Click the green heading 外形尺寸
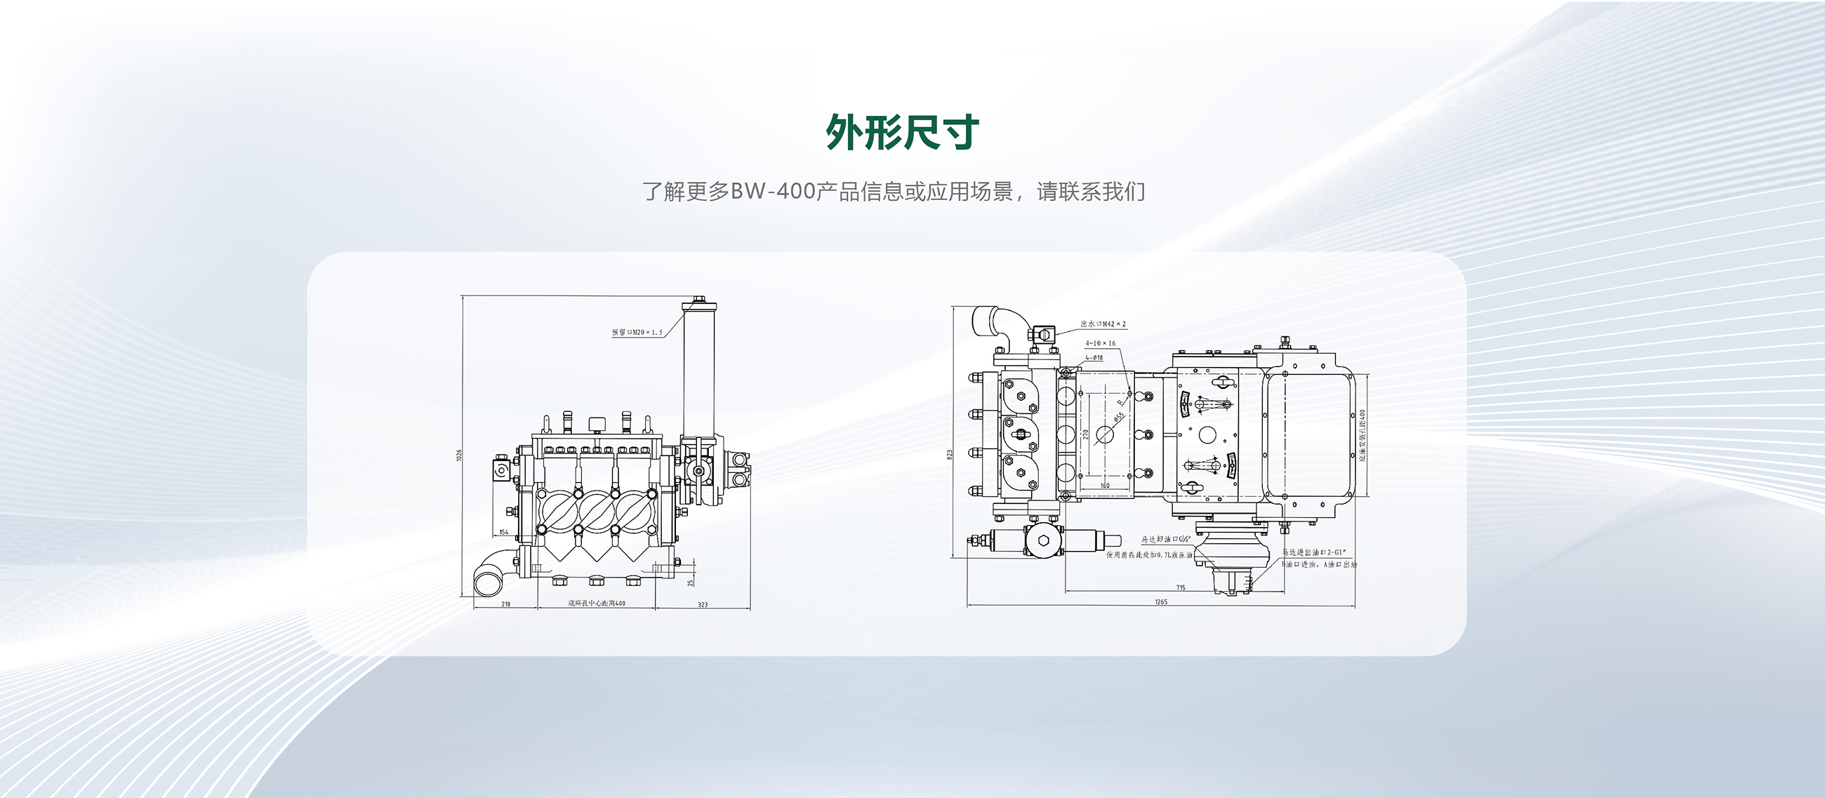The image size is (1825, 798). [x=903, y=133]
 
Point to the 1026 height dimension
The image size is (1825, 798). [x=459, y=455]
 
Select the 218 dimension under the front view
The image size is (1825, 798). [x=506, y=604]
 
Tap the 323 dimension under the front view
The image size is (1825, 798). [x=702, y=604]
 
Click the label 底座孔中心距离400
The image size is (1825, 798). [x=597, y=604]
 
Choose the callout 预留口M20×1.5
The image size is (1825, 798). [x=637, y=332]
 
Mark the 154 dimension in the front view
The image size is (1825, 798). [x=504, y=532]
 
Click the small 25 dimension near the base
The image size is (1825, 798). [x=691, y=581]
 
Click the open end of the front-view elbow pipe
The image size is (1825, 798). [x=487, y=584]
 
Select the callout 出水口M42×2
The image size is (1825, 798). [x=1102, y=324]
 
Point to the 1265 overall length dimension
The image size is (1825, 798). [x=1160, y=602]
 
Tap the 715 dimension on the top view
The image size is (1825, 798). [x=1181, y=587]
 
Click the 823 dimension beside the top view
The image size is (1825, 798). [x=950, y=454]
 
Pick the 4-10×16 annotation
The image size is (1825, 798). [x=1100, y=343]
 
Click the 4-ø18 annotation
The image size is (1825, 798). [x=1094, y=357]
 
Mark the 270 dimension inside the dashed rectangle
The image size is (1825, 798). [x=1084, y=434]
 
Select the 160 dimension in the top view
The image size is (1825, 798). [x=1105, y=486]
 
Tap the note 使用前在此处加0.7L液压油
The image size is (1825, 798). [x=1149, y=555]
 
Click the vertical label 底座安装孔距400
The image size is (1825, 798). [x=1362, y=435]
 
